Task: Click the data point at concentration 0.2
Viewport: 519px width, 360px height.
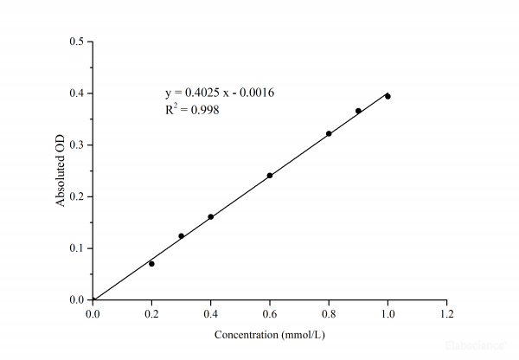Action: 151,263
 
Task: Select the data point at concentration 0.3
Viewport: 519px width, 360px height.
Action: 181,235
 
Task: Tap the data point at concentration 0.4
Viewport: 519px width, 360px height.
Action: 210,216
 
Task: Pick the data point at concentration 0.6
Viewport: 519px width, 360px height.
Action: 270,175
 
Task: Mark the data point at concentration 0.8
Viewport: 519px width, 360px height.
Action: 329,133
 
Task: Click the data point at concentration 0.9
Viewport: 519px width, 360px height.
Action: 358,111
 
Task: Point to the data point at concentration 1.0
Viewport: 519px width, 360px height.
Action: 388,96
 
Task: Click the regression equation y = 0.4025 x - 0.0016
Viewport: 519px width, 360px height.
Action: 220,93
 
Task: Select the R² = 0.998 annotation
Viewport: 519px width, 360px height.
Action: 186,110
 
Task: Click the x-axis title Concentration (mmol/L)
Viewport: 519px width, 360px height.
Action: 269,334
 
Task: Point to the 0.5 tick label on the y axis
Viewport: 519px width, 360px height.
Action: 77,42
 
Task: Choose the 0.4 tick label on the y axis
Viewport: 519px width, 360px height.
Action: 77,93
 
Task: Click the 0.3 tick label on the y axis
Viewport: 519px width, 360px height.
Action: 77,145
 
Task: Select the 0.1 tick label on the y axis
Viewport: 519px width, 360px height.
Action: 77,247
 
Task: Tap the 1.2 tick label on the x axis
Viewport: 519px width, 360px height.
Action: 446,313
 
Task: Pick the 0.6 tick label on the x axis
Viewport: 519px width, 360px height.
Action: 270,313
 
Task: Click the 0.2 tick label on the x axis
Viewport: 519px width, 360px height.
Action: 151,313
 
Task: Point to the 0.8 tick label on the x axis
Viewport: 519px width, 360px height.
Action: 329,313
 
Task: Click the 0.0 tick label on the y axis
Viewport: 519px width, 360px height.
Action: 77,299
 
